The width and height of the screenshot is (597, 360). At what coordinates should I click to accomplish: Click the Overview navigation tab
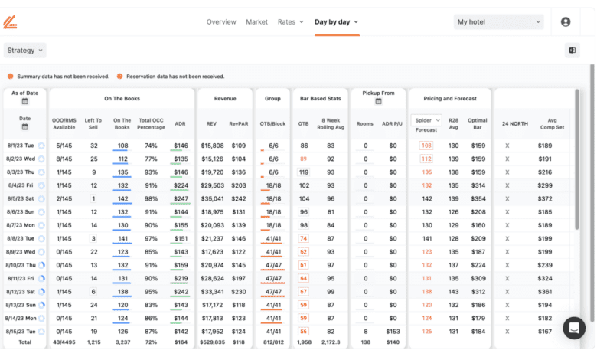221,22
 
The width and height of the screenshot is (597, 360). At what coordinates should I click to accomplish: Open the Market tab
256,22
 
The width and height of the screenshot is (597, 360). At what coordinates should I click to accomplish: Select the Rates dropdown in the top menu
290,22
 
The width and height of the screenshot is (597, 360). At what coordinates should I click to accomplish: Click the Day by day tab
336,22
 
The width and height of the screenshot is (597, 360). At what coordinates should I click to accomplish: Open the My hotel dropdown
498,22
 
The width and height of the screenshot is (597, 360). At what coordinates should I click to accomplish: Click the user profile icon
566,22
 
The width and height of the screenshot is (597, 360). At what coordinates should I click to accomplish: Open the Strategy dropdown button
25,51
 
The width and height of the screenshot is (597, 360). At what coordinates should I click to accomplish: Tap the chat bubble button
574,328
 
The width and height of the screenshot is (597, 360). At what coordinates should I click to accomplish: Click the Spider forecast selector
426,120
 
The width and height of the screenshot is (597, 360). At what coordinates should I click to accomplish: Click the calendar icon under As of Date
24,101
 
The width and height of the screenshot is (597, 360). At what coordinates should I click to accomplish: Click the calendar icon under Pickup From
378,101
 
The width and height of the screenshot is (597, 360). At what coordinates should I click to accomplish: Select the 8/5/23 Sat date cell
19,198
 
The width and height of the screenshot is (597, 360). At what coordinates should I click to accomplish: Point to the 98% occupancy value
152,198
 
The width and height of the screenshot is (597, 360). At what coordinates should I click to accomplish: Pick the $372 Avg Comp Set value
545,198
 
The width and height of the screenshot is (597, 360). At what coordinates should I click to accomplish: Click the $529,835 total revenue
213,342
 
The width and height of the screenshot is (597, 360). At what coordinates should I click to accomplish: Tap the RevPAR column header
238,124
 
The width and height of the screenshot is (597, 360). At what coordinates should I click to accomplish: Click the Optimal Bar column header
478,124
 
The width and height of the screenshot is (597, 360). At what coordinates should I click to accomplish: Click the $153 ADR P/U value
393,332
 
